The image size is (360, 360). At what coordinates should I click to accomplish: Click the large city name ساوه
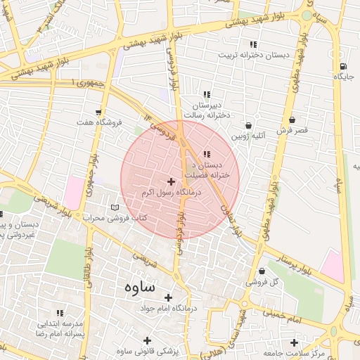point(140,287)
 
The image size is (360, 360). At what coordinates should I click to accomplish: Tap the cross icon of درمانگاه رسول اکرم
point(171,181)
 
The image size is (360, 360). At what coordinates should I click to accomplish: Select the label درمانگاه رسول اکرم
point(172,192)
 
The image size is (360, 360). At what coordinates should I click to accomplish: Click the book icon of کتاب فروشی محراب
point(115,208)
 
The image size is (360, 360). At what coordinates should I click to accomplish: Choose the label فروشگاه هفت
point(100,122)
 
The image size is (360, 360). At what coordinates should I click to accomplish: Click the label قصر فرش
point(292,131)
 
